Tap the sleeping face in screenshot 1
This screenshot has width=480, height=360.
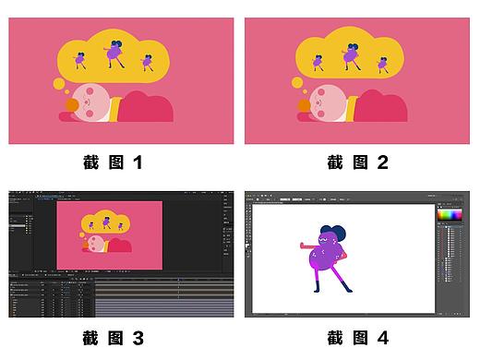click(91, 102)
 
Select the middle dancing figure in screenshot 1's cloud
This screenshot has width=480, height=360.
click(115, 52)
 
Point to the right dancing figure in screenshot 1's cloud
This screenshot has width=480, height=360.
click(146, 62)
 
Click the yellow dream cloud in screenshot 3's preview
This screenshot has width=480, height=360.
click(108, 222)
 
